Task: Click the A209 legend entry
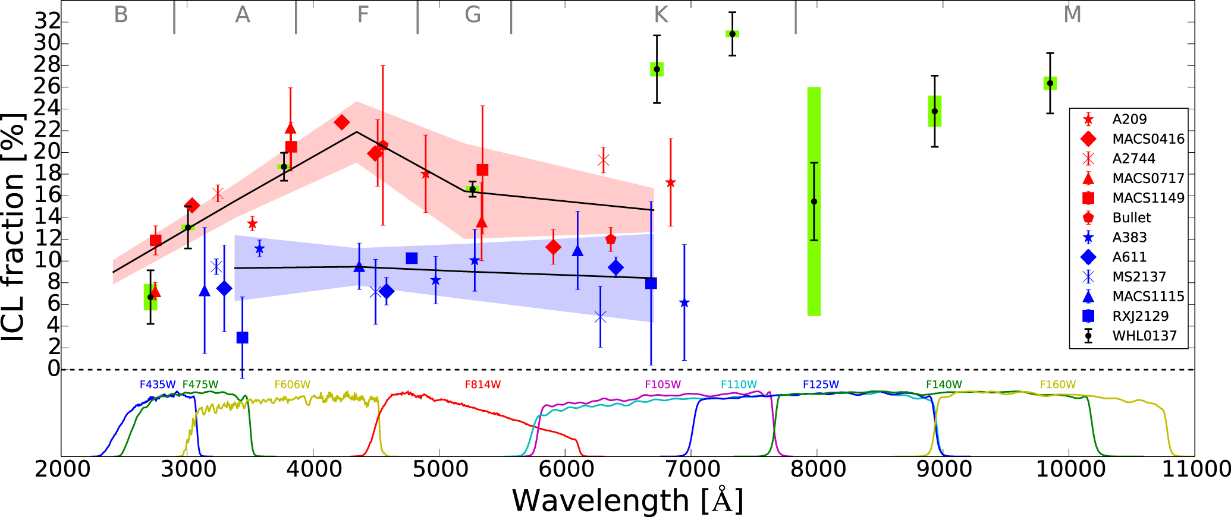1129,119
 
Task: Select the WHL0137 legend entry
1144,336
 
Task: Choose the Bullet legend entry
1131,217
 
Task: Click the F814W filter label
482,384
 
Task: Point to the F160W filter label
1057,384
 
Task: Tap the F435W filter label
158,384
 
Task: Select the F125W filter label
821,384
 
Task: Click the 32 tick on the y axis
48,22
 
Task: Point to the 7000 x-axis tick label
692,469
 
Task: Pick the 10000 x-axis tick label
1070,469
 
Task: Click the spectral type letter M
1072,14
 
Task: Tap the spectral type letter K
661,14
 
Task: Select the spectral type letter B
121,14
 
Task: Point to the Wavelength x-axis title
627,500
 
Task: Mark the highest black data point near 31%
732,34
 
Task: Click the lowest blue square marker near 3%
242,338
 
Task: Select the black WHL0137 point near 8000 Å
814,201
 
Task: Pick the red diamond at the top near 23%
341,122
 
